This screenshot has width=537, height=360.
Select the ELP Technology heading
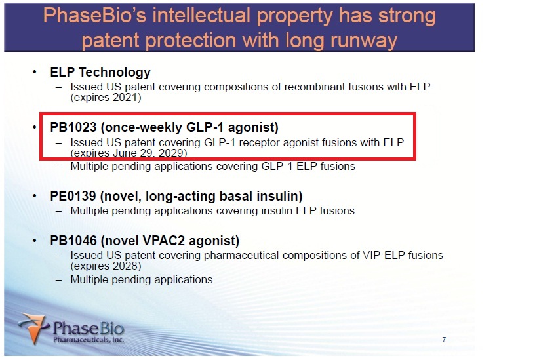tap(100, 72)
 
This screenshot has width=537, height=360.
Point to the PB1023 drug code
tap(73, 127)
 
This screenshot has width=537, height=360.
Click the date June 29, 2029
tap(148, 153)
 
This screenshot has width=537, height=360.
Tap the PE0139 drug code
tap(73, 196)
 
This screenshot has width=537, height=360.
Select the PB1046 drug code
tap(73, 241)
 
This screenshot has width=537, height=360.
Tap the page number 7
tap(444, 340)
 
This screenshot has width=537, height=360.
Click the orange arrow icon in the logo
tap(33, 328)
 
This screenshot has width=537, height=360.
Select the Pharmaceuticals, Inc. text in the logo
tap(89, 340)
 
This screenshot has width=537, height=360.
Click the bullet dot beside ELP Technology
tap(35, 72)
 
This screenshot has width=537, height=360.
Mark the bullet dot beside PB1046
tap(35, 241)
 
